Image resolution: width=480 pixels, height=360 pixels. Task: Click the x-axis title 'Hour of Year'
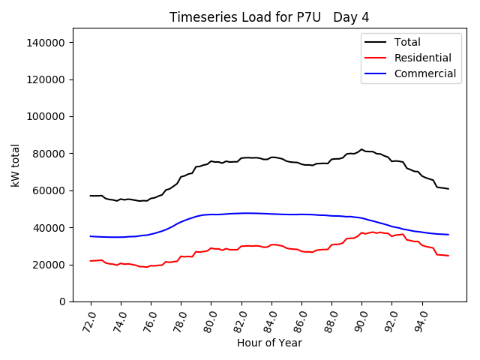[x=269, y=343]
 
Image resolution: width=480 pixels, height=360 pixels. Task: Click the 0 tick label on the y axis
[x=63, y=301]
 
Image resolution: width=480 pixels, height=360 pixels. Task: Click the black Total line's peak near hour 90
[x=361, y=149]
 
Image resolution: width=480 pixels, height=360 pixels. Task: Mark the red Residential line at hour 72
[x=91, y=261]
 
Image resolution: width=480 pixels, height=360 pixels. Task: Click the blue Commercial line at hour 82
[x=241, y=213]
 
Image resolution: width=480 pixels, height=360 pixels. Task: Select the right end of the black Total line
[x=448, y=189]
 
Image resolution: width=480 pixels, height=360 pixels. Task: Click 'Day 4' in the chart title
[x=352, y=17]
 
